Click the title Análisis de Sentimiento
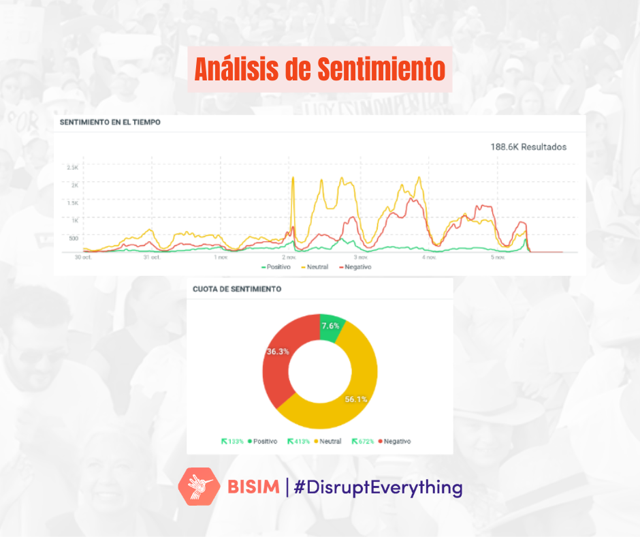click(319, 69)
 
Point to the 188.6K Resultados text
click(528, 147)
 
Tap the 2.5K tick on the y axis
click(72, 167)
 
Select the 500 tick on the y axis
click(73, 238)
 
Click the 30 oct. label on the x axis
click(83, 258)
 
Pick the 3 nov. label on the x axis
click(361, 258)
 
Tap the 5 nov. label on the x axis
click(498, 258)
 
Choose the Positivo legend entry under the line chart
click(276, 267)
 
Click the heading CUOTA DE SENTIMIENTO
click(238, 289)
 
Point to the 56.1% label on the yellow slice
click(355, 399)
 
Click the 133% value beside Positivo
click(236, 442)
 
